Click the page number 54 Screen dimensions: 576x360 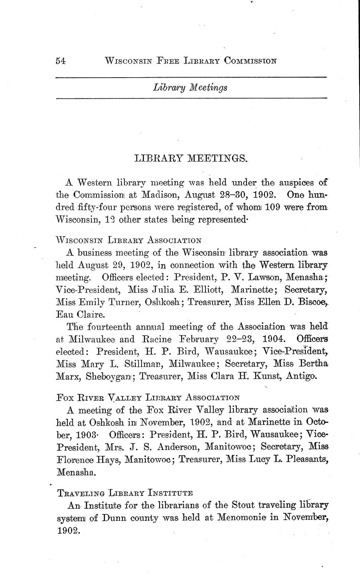point(61,61)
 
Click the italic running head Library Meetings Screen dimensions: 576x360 point(190,87)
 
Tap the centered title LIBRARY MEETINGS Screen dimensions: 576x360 point(191,158)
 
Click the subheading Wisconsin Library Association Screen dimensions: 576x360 point(129,240)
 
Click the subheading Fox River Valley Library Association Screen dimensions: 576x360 point(147,397)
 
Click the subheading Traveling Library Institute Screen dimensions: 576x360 point(124,493)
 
